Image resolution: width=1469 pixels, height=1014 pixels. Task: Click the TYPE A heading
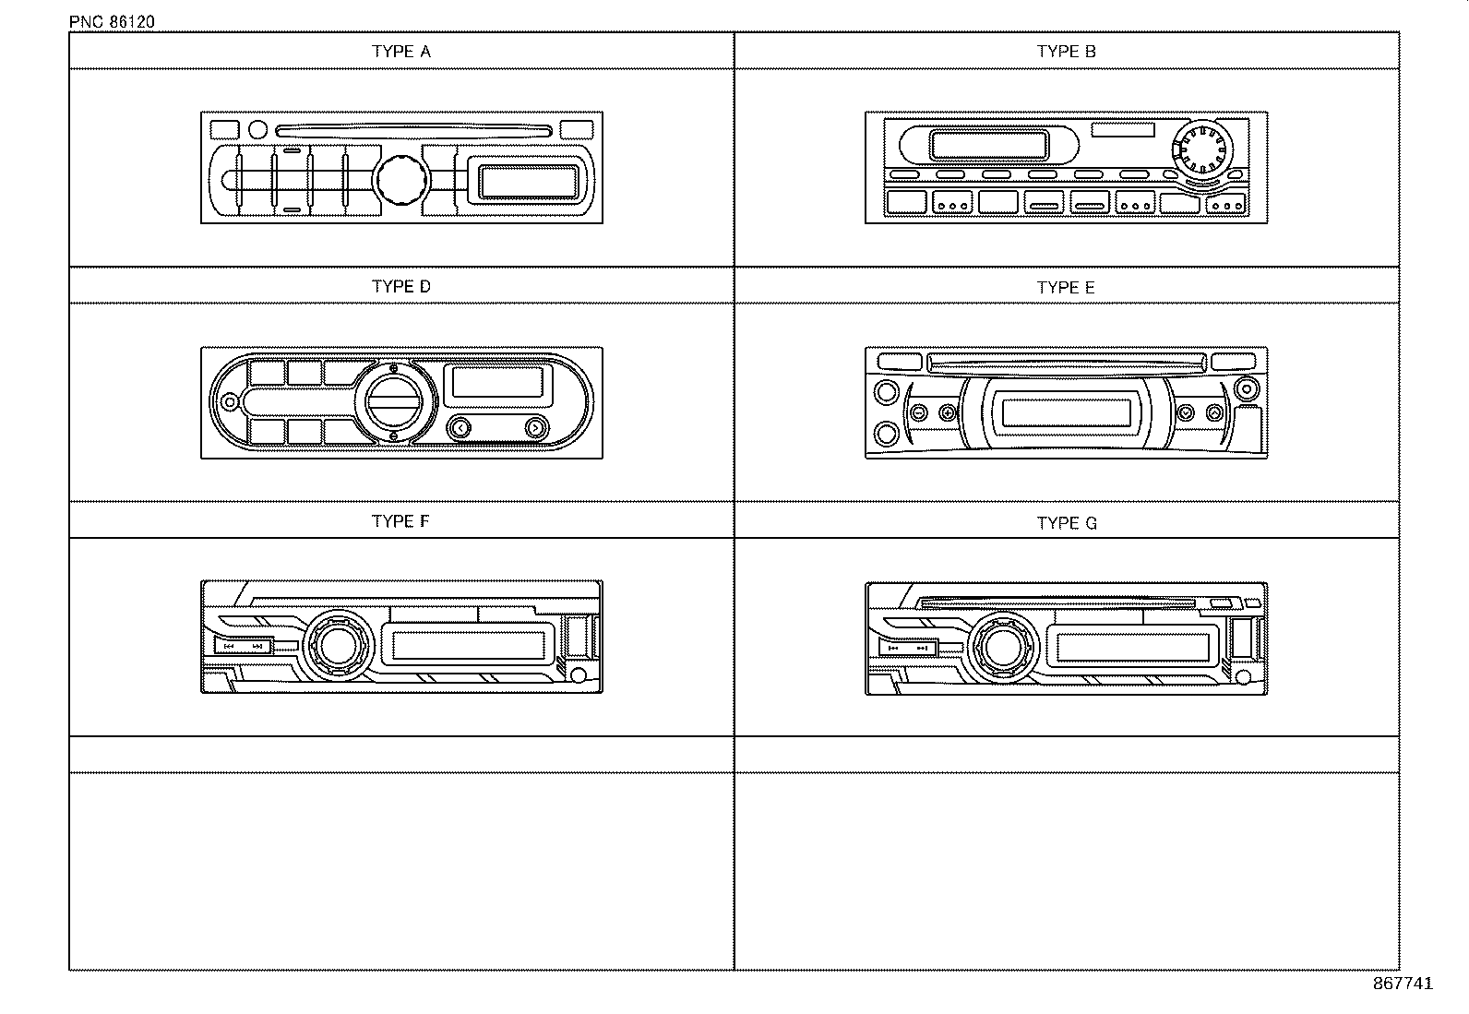400,52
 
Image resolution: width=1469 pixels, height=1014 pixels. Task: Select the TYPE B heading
1066,52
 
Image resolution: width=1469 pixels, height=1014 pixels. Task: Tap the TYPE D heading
400,287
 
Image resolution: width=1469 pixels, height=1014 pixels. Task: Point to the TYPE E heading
1066,288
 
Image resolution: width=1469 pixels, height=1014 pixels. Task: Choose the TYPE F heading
400,521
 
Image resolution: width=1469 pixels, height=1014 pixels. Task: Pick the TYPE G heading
1067,523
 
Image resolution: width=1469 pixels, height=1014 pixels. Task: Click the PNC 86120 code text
112,22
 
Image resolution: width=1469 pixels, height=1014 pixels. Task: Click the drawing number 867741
1403,984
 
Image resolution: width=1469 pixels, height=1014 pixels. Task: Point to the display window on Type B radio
989,145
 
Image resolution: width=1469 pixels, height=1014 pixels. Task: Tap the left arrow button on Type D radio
460,427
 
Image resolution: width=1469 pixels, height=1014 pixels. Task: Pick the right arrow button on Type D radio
534,427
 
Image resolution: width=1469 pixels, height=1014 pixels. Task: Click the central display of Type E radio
1066,412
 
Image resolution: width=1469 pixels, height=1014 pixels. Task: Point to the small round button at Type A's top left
258,130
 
